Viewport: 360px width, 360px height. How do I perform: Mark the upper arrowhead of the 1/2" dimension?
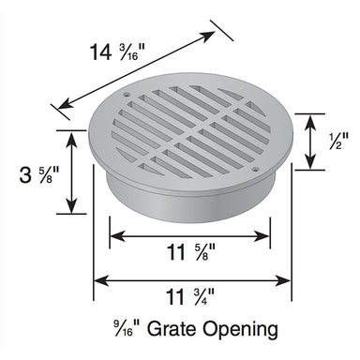point(310,118)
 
